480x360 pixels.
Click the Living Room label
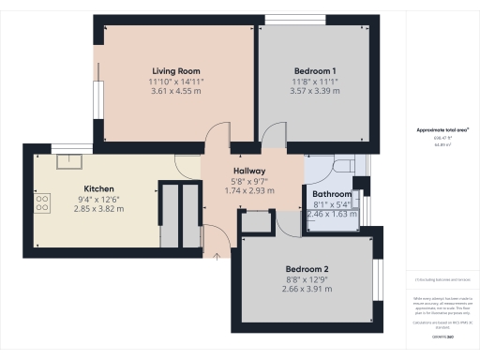click(x=177, y=70)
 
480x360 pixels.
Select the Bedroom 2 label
click(x=308, y=268)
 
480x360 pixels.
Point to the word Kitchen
click(x=98, y=187)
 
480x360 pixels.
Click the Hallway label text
click(x=250, y=170)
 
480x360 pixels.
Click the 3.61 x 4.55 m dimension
click(x=177, y=93)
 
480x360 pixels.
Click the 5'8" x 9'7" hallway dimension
click(x=250, y=180)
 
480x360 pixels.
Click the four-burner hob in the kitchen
click(x=43, y=202)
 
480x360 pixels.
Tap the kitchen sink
click(x=68, y=160)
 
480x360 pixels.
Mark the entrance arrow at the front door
click(x=217, y=251)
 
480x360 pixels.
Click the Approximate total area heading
click(x=442, y=130)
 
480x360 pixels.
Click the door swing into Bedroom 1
click(x=274, y=139)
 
